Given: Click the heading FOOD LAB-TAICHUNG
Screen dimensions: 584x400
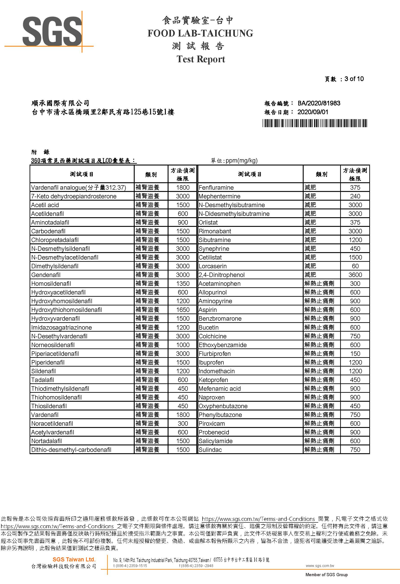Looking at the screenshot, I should [200, 33].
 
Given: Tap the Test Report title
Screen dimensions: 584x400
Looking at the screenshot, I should [201, 59].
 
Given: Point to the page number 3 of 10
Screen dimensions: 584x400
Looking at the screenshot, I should [354, 79].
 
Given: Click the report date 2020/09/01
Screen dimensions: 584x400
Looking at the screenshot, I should [313, 112].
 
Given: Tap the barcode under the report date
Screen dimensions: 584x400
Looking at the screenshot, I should [315, 123].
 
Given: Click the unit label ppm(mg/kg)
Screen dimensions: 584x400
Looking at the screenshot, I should [241, 161].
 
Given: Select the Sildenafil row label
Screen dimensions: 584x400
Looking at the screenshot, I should [43, 371].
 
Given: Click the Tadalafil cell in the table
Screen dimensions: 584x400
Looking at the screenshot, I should [43, 380].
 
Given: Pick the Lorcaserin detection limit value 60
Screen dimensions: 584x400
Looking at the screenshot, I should [355, 266].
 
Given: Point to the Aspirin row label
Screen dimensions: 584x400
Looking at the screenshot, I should [208, 310].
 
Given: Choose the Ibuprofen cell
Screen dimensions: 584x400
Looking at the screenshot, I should [211, 362].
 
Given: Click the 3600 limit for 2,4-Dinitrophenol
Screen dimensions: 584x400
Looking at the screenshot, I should [355, 275].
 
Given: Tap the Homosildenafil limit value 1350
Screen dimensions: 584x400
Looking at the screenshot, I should [183, 284].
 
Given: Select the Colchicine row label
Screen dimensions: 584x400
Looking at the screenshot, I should [212, 336].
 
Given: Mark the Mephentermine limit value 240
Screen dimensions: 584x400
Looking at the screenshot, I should [355, 196].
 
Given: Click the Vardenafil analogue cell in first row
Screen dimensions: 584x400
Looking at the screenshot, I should [78, 187].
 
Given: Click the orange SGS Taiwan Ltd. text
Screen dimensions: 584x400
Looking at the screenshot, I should [74, 559].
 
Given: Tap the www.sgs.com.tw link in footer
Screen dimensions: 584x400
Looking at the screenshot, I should [320, 566].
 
